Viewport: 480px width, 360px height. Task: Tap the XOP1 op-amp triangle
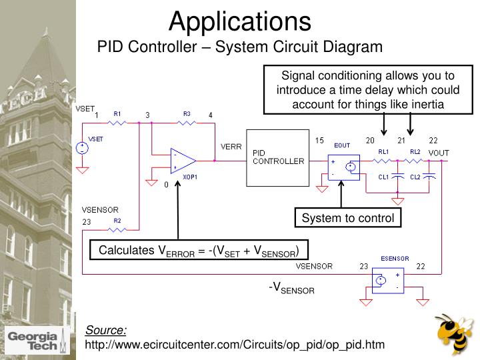(x=182, y=161)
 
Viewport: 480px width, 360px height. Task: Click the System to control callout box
(x=348, y=218)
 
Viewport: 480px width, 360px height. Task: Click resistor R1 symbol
(x=117, y=123)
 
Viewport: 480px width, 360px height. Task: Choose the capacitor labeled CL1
(x=398, y=177)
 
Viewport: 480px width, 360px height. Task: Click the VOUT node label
(x=438, y=153)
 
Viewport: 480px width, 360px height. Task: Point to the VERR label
(x=231, y=147)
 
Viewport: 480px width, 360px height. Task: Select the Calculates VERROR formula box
(x=199, y=251)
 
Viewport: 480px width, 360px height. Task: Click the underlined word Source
(x=105, y=331)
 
